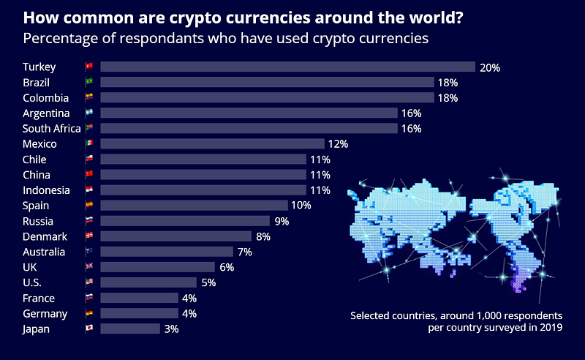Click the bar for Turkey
pyautogui.click(x=287, y=67)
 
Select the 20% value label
pyautogui.click(x=489, y=67)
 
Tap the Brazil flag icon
pyautogui.click(x=89, y=83)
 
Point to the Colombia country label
pyautogui.click(x=45, y=98)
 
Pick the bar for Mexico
pyautogui.click(x=212, y=144)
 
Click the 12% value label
pyautogui.click(x=339, y=144)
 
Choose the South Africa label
pyautogui.click(x=52, y=129)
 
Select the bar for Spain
pyautogui.click(x=194, y=206)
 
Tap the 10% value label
pyautogui.click(x=301, y=206)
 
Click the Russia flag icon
pyautogui.click(x=89, y=221)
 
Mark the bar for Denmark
pyautogui.click(x=175, y=236)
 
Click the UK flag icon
pyautogui.click(x=89, y=267)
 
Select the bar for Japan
pyautogui.click(x=129, y=329)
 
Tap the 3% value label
pyautogui.click(x=171, y=329)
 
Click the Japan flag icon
pyautogui.click(x=89, y=329)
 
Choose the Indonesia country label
pyautogui.click(x=48, y=190)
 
